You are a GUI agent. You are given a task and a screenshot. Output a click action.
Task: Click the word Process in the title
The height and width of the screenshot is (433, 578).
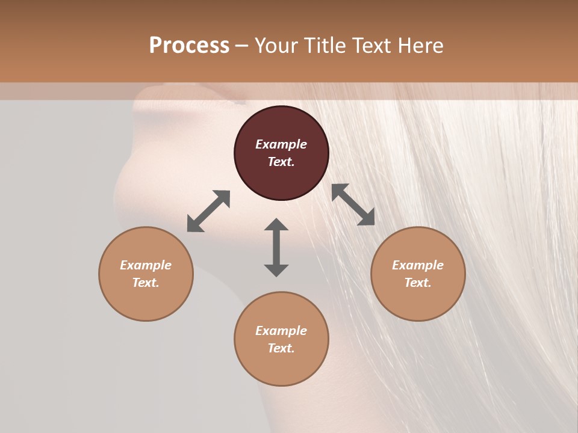tap(189, 46)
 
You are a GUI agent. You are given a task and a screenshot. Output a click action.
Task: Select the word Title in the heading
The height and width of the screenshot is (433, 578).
tap(325, 46)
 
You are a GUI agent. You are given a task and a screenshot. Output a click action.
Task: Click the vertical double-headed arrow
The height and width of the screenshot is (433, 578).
tap(276, 247)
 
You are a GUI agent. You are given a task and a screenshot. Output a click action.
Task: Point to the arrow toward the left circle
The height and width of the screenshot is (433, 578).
tap(208, 211)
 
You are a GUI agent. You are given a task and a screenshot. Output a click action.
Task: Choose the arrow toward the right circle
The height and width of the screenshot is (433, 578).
tap(353, 204)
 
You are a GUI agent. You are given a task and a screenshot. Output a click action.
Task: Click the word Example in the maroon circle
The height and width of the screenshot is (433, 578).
tap(281, 144)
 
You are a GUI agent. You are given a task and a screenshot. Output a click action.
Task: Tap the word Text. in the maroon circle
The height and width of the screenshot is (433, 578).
tap(281, 162)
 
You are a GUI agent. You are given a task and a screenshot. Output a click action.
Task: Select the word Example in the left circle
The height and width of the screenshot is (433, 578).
tap(146, 265)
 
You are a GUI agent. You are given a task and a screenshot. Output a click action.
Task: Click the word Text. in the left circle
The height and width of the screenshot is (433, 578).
tap(146, 283)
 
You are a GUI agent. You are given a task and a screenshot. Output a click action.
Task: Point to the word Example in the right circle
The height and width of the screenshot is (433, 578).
tap(418, 265)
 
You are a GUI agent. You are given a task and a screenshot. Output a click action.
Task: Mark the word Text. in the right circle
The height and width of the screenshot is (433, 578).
tap(418, 283)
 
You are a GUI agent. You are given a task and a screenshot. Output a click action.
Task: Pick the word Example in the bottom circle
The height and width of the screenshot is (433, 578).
tap(281, 331)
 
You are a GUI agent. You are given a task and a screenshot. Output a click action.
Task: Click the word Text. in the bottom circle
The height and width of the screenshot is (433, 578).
tap(281, 348)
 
